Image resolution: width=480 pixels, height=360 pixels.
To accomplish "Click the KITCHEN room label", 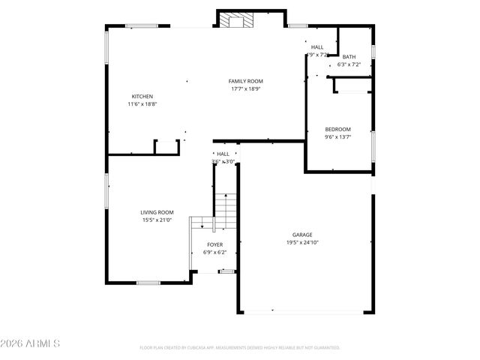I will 142,97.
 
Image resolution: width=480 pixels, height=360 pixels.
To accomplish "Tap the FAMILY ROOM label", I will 245,81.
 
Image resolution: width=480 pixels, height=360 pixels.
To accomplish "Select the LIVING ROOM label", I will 157,212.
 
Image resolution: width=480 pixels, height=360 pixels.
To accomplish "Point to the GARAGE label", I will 302,235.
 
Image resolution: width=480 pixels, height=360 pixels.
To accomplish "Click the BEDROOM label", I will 337,129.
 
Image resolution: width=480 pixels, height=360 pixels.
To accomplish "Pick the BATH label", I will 349,57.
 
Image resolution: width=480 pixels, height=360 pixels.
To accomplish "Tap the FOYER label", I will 215,244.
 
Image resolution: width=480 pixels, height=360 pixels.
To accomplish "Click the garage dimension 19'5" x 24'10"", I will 302,242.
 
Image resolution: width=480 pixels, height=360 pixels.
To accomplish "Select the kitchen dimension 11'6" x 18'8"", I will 142,104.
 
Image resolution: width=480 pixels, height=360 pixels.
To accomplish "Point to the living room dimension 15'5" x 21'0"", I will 157,220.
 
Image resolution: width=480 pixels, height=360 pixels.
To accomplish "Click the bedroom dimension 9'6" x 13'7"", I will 337,136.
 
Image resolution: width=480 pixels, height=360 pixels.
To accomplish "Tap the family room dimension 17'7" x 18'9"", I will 245,88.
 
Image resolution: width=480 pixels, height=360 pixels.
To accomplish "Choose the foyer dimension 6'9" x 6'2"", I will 215,252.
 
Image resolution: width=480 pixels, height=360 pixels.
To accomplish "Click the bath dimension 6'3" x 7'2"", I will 349,64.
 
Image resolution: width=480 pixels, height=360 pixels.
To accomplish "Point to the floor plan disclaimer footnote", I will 240,348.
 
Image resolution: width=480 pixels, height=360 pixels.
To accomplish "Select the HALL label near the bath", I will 317,47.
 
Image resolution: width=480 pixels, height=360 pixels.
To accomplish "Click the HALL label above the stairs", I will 223,154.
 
